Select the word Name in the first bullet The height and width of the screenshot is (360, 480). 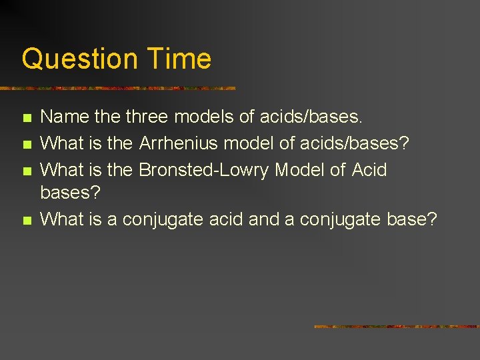65,117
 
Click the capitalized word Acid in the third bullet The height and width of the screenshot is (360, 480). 369,170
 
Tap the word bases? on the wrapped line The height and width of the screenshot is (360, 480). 70,193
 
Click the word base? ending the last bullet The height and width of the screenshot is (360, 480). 412,219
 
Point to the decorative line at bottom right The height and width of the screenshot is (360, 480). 397,327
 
